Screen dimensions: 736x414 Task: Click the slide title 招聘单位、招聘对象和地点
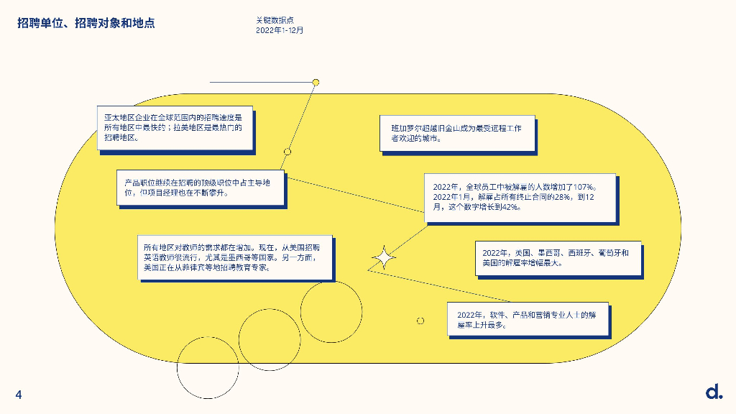pos(86,24)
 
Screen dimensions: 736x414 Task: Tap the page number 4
pos(19,395)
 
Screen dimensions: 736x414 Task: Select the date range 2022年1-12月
pos(280,30)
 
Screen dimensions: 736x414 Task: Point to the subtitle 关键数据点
pos(274,20)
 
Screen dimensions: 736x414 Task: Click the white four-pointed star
pos(383,257)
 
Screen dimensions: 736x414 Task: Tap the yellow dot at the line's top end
pos(315,83)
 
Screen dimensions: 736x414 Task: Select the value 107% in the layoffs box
pos(581,187)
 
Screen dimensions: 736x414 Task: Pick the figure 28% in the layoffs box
pos(559,197)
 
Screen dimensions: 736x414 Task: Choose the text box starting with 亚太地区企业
pos(175,126)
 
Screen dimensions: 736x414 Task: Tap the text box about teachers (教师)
pos(235,257)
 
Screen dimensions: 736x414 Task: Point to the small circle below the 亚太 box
pos(287,152)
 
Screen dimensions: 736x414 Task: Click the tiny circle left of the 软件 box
pos(420,321)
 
